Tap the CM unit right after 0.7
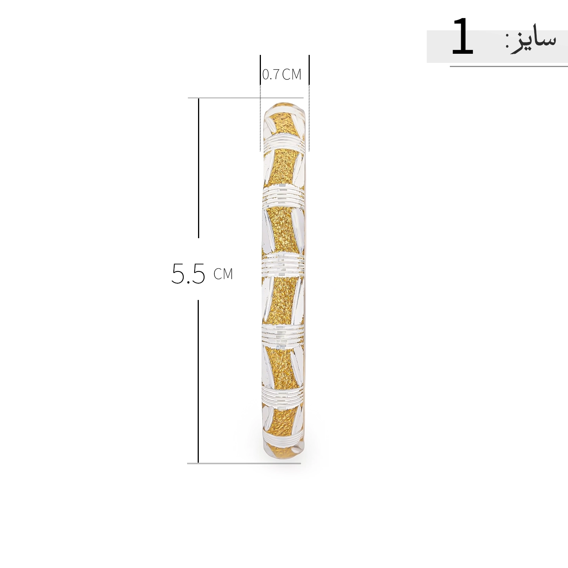(292, 75)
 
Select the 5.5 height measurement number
(188, 273)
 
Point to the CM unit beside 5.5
(223, 274)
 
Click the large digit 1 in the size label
(462, 37)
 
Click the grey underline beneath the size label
(509, 66)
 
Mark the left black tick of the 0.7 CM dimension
(260, 70)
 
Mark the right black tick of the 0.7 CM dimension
(309, 70)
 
